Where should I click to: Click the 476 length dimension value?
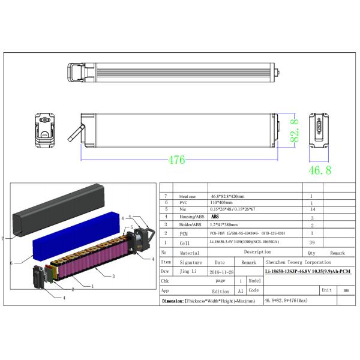[176, 160]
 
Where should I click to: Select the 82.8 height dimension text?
[295, 129]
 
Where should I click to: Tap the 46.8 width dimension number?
[319, 170]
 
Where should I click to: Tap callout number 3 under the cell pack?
[113, 276]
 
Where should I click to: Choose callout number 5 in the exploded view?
[131, 228]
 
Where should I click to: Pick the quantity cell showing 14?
[311, 210]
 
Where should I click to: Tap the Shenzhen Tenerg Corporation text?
[298, 262]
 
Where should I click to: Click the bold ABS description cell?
[215, 217]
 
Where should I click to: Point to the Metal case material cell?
[187, 197]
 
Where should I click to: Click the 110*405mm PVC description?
[223, 203]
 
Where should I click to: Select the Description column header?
[257, 252]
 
